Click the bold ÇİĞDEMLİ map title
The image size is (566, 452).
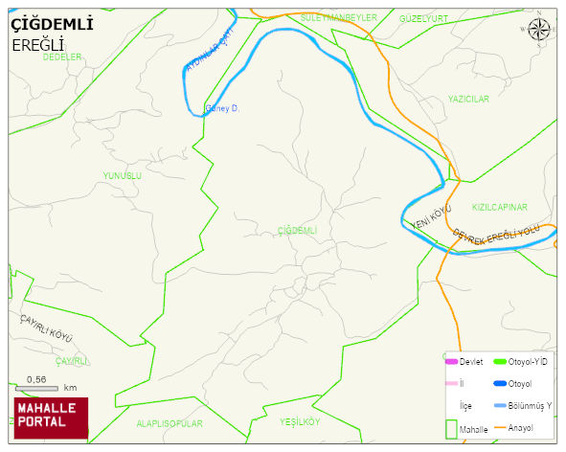click(x=52, y=25)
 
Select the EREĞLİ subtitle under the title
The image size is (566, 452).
click(x=37, y=45)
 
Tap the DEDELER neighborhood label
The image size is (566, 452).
click(x=62, y=57)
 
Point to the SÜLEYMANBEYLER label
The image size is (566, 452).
click(x=332, y=18)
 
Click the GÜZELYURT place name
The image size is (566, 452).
click(x=423, y=19)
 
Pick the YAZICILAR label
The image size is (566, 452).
click(x=468, y=99)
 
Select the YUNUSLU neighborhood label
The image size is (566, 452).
click(x=122, y=176)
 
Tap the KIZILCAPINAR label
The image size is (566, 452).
click(x=499, y=207)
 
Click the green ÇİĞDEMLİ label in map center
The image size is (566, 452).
click(x=296, y=231)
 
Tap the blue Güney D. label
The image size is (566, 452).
click(x=221, y=108)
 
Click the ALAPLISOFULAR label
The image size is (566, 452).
click(x=170, y=422)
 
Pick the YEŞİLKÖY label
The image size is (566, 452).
click(x=299, y=421)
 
